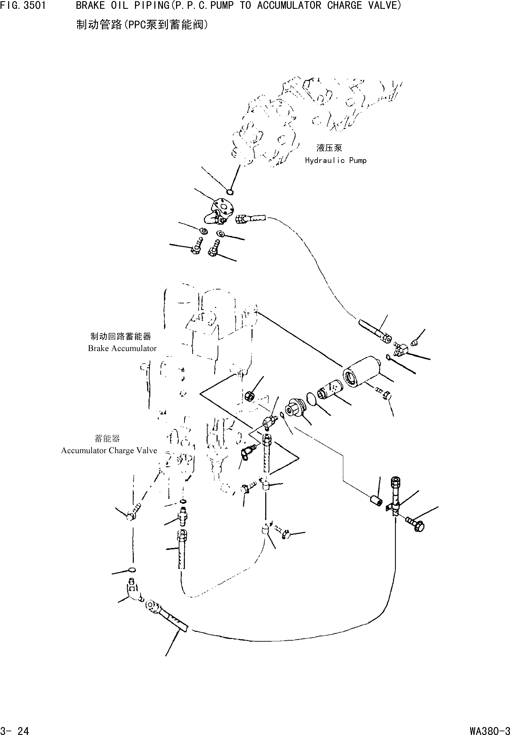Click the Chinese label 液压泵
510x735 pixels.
click(x=329, y=148)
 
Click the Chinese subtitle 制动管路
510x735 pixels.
click(x=99, y=25)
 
